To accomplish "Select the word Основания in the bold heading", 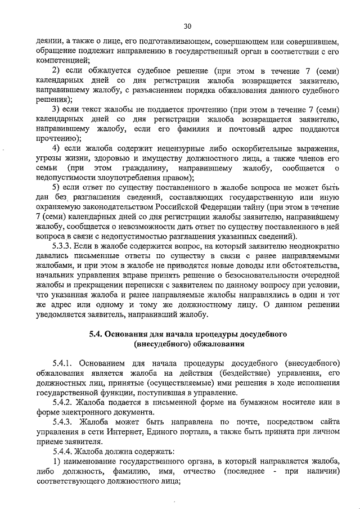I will click(130, 332).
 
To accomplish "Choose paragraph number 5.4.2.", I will click(63, 403).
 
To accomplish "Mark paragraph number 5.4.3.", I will click(63, 422).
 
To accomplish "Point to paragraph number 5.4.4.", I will click(63, 452).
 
